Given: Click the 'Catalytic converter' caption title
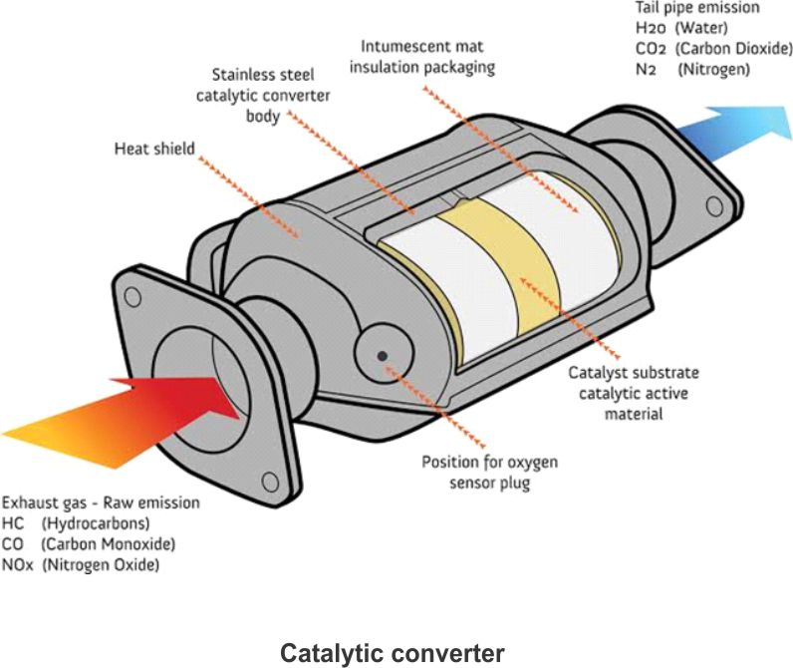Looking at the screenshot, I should pyautogui.click(x=392, y=653).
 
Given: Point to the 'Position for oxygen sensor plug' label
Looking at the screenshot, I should pyautogui.click(x=489, y=473).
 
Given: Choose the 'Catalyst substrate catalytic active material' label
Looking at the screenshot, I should pyautogui.click(x=634, y=392).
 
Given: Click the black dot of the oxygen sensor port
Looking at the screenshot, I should pyautogui.click(x=382, y=356).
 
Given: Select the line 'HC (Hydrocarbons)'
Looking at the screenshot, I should pyautogui.click(x=76, y=523).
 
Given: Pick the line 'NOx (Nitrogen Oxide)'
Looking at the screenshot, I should pyautogui.click(x=80, y=565).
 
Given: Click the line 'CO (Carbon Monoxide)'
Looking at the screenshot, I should pyautogui.click(x=88, y=544).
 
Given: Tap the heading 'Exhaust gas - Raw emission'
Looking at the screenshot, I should pyautogui.click(x=101, y=502).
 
